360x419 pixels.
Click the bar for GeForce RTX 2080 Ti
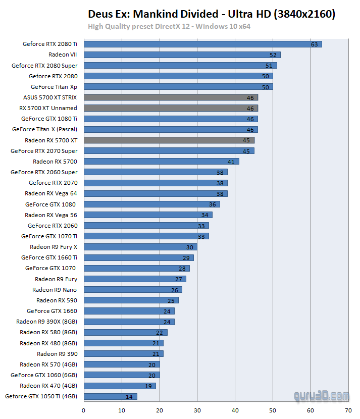click(x=202, y=44)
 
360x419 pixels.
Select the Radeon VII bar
click(x=182, y=55)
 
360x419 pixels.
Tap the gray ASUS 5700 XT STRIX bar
click(x=171, y=97)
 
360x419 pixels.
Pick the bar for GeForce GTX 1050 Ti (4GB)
click(x=110, y=396)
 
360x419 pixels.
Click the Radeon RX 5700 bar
click(x=161, y=162)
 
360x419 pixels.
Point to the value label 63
click(x=314, y=44)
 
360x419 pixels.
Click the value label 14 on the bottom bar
click(x=129, y=397)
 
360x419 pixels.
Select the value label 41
click(x=231, y=162)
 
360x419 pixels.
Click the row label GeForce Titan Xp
click(x=54, y=87)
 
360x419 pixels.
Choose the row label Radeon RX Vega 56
click(x=51, y=215)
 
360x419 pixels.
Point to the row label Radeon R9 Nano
click(x=55, y=290)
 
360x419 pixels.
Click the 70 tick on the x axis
click(x=348, y=410)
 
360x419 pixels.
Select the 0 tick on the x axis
click(x=83, y=410)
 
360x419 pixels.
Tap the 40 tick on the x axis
click(x=235, y=410)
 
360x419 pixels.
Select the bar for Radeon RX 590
click(x=131, y=300)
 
